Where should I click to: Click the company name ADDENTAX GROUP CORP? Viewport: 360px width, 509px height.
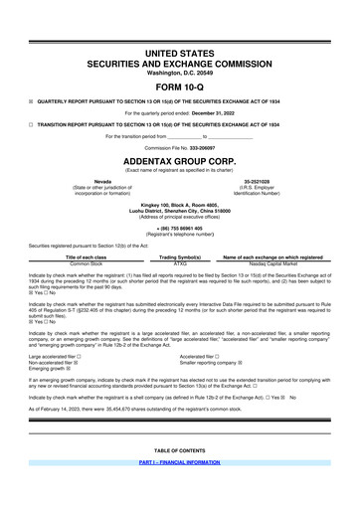pos(179,159)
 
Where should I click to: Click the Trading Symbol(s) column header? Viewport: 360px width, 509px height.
pos(180,256)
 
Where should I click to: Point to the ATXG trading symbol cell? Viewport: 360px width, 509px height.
pos(180,263)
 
